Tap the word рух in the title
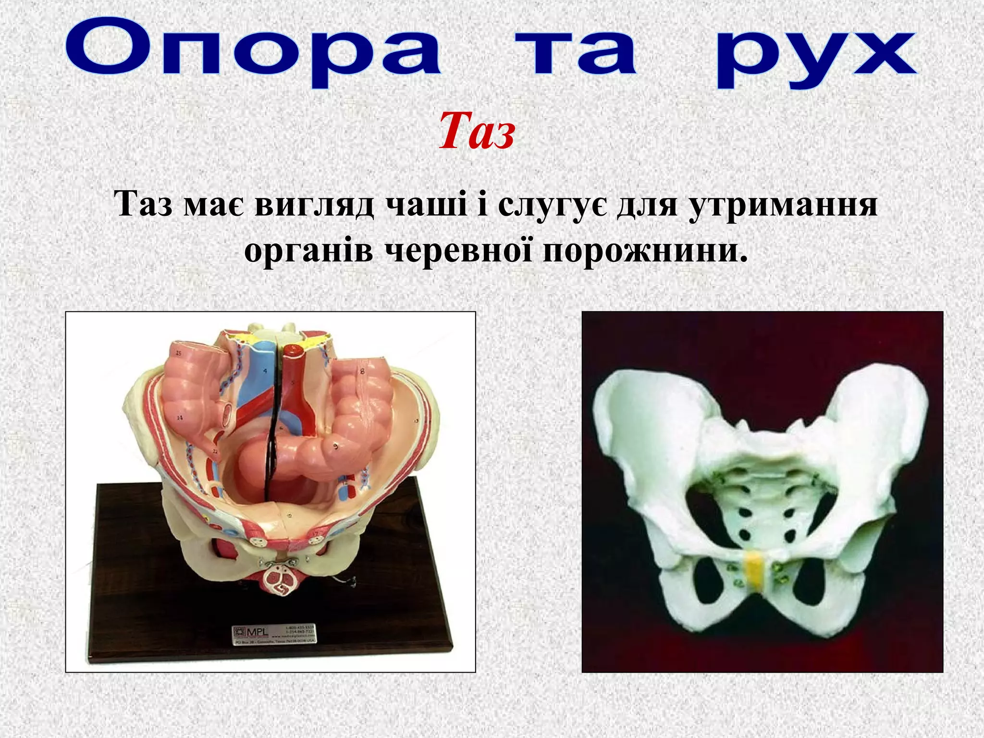coord(817,57)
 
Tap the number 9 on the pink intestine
coord(336,446)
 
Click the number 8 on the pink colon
coord(362,371)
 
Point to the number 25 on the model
coord(179,353)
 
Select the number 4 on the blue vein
coord(265,371)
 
